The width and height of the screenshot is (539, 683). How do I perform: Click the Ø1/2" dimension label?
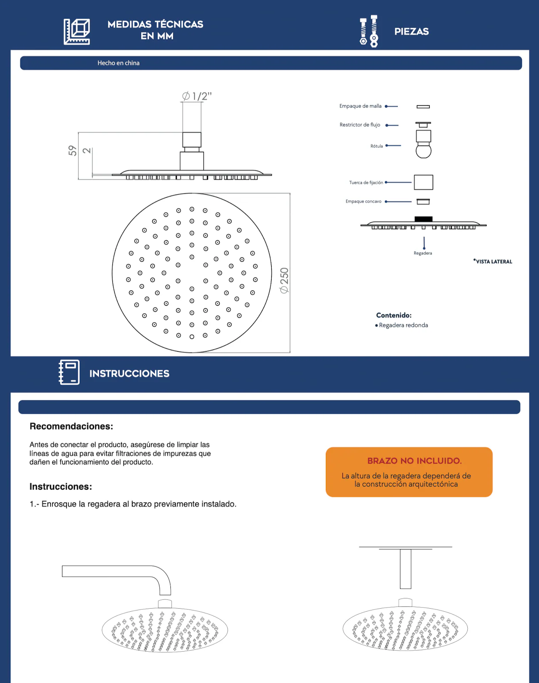coord(196,96)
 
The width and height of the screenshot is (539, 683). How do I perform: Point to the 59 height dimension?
coord(73,150)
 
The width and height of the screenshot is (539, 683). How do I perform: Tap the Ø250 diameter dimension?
coord(284,280)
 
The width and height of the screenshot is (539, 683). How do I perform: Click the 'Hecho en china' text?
coord(119,63)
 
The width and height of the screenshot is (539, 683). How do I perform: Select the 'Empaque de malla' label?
coord(360,106)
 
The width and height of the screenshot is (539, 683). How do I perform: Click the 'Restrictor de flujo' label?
coord(360,125)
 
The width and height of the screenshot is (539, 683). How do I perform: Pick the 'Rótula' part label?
coord(377,146)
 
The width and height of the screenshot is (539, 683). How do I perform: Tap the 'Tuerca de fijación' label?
coord(366,183)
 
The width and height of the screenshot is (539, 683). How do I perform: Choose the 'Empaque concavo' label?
coord(363,201)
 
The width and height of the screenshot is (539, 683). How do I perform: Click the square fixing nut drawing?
coord(423,182)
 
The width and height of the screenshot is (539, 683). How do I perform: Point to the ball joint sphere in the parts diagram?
coord(423,151)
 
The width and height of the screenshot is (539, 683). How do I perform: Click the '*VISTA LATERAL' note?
coord(493,261)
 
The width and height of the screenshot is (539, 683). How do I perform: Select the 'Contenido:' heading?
coord(394,315)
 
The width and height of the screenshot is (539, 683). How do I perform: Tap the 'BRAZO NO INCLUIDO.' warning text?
coord(415,461)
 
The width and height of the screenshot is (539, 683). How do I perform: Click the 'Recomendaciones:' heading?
coord(71,426)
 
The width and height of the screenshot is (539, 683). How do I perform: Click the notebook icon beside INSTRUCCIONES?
coord(69,372)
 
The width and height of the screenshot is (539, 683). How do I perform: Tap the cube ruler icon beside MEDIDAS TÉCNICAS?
coord(77,31)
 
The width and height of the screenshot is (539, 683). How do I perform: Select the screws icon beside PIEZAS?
coord(369,31)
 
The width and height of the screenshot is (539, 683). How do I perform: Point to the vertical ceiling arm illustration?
coord(406,568)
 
